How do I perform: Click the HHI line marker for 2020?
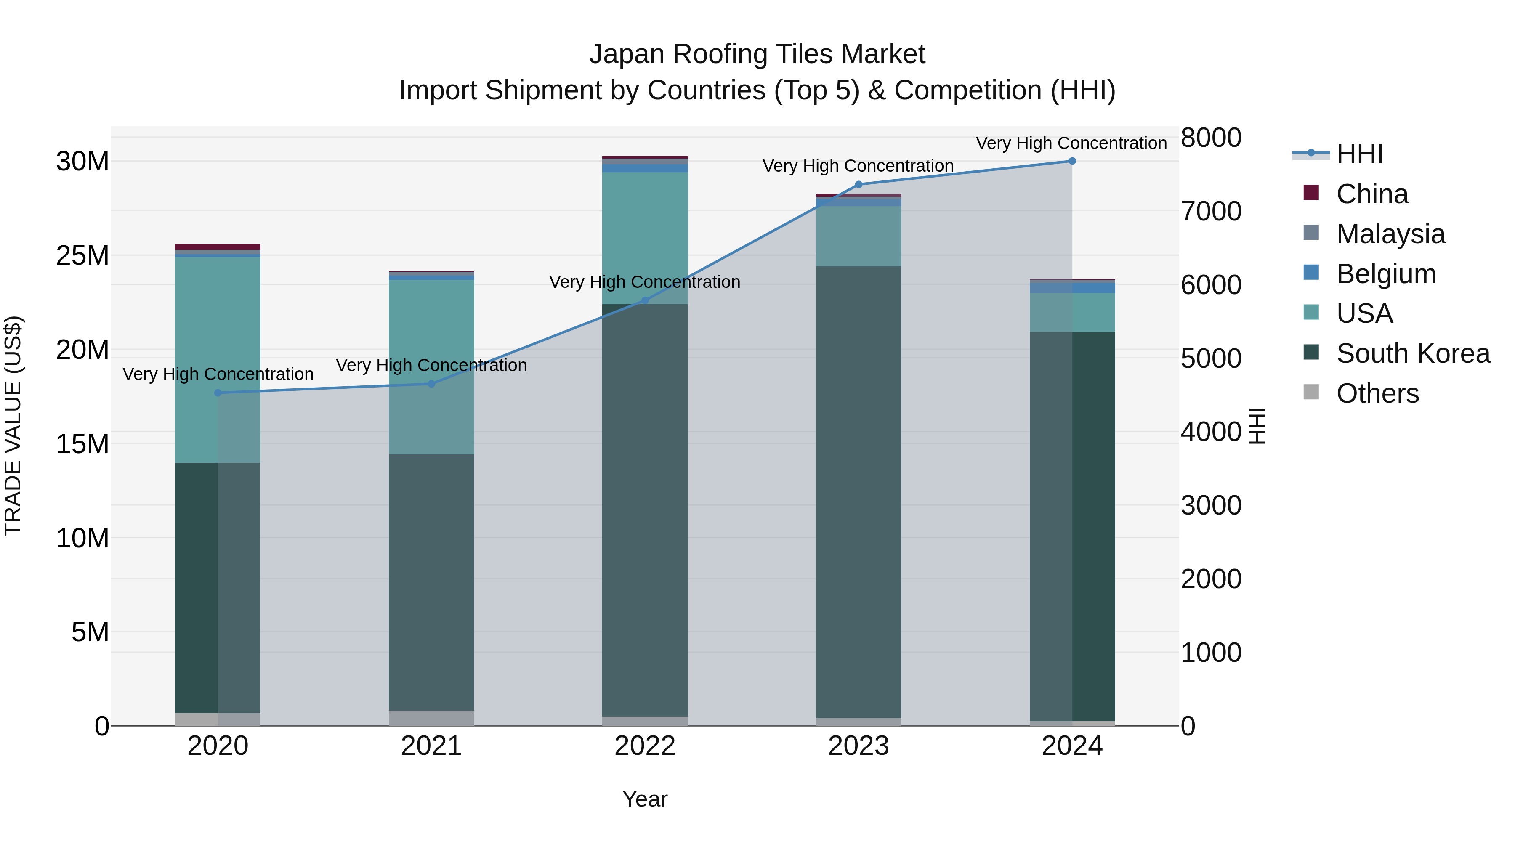(218, 393)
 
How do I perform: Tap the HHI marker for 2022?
(645, 300)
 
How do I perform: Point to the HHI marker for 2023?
(858, 185)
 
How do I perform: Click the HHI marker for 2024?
(1071, 161)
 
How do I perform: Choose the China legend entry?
(1371, 194)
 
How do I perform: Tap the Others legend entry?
(1377, 393)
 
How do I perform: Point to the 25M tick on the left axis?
(82, 256)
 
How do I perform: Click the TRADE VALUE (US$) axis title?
(13, 426)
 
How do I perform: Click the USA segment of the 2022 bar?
(645, 238)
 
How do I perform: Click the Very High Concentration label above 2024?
(1071, 143)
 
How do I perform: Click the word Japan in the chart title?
(627, 54)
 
